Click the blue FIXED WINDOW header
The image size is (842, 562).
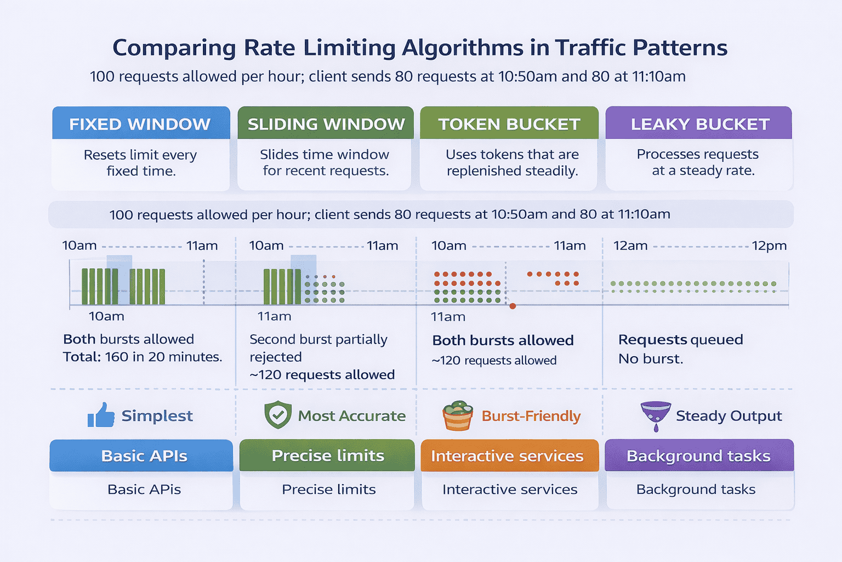(x=140, y=123)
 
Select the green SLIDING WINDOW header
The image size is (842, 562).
(x=326, y=123)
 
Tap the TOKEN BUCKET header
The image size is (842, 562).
(x=509, y=123)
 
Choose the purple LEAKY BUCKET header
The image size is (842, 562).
(x=699, y=123)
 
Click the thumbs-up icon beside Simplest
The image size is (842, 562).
(x=101, y=415)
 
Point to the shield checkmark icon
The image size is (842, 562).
(x=278, y=415)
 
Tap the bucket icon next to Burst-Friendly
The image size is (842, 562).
(x=458, y=416)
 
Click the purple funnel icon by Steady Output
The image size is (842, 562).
(x=656, y=415)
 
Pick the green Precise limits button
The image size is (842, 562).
(x=327, y=456)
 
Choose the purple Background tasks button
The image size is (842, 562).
(x=699, y=456)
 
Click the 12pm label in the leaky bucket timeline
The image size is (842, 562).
(x=769, y=245)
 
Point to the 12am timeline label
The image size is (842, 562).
(x=630, y=245)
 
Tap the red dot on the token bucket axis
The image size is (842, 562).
(x=513, y=306)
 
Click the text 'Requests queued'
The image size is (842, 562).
(x=680, y=340)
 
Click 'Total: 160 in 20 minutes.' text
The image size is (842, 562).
(x=143, y=357)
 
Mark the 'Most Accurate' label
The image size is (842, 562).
(x=351, y=416)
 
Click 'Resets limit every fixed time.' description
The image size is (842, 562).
(x=140, y=163)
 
